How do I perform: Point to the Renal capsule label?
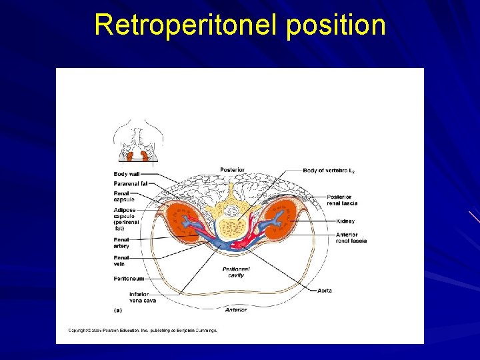(124, 196)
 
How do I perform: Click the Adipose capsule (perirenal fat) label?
(126, 219)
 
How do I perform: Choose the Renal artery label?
(121, 243)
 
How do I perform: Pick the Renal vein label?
(121, 260)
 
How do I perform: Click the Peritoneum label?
(127, 278)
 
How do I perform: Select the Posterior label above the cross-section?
(232, 169)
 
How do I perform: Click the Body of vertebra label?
(329, 171)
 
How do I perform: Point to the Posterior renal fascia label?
(342, 200)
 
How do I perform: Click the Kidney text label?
(345, 221)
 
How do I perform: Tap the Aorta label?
(325, 291)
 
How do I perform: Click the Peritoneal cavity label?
(237, 271)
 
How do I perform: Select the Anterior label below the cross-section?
(236, 309)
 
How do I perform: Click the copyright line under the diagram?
(143, 330)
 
